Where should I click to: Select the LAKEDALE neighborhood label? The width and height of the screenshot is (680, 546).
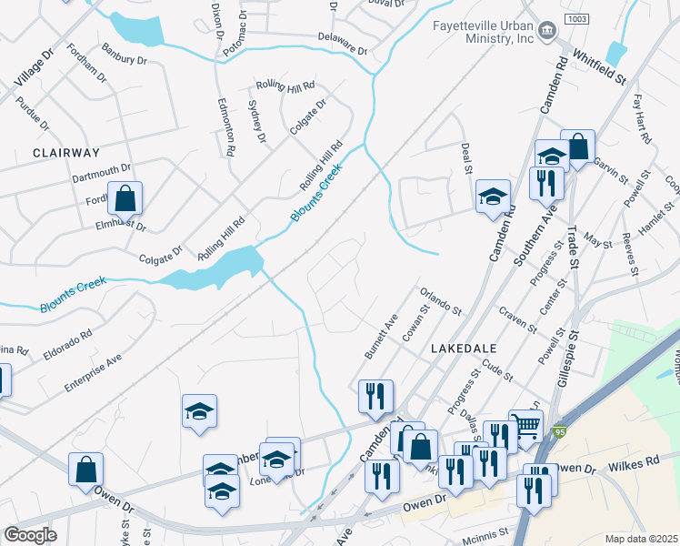pos(463,349)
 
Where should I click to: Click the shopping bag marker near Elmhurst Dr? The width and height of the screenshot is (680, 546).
pos(125,197)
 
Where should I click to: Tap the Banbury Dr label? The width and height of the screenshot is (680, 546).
pos(124,54)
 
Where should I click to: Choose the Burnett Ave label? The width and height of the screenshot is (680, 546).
pos(381,336)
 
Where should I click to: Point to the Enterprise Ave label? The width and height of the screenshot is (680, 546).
pos(93,374)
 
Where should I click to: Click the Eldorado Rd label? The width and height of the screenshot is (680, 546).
pos(68,346)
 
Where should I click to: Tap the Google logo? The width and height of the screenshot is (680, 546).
pos(30,535)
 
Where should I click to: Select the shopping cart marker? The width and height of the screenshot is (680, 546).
pos(525,425)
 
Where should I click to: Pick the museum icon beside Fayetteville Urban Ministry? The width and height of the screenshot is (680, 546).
pos(547,31)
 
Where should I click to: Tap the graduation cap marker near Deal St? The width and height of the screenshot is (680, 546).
pos(493,197)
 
